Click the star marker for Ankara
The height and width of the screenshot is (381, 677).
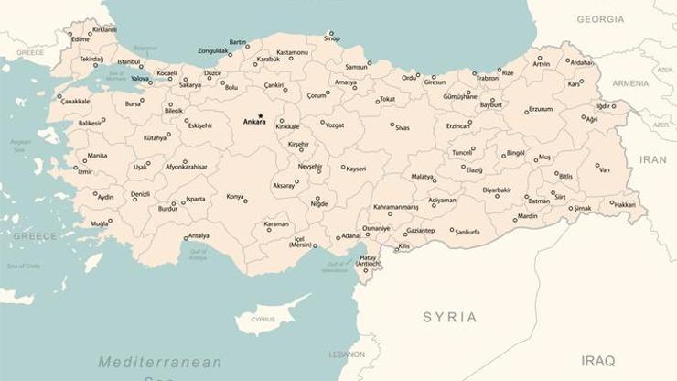(x=260, y=115)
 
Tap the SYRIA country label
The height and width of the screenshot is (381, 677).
(x=449, y=317)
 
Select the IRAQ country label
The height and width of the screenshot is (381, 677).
(x=597, y=360)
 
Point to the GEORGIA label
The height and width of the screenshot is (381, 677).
(x=600, y=19)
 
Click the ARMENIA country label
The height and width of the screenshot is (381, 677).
(x=630, y=83)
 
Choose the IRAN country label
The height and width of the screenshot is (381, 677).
(x=653, y=159)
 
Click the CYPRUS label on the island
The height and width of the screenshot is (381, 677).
(x=263, y=320)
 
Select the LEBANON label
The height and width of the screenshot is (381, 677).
(x=347, y=354)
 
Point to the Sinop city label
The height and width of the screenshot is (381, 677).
(x=331, y=39)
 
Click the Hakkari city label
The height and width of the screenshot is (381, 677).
(x=624, y=204)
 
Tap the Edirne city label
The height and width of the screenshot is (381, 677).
(x=81, y=39)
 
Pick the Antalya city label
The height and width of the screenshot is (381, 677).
(x=199, y=235)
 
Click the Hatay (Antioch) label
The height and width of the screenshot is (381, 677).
(x=368, y=262)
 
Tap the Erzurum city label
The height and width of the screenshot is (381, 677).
(x=540, y=109)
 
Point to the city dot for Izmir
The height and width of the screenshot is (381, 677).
(x=77, y=168)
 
